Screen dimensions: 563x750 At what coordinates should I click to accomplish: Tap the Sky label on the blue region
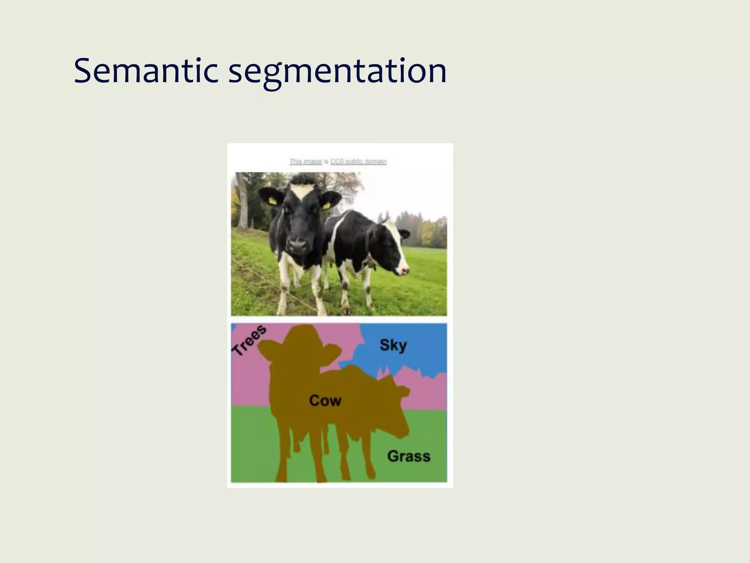pyautogui.click(x=393, y=345)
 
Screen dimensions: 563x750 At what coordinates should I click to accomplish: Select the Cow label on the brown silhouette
pyautogui.click(x=325, y=400)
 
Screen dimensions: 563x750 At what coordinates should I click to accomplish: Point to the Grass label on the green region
pyautogui.click(x=409, y=456)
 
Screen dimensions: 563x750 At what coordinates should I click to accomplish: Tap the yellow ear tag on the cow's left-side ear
pyautogui.click(x=273, y=200)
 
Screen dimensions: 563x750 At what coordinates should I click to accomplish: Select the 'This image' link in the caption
pyautogui.click(x=305, y=162)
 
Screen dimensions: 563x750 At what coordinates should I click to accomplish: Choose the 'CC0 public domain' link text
pyautogui.click(x=358, y=162)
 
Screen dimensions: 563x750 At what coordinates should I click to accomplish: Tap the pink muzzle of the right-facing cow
pyautogui.click(x=404, y=271)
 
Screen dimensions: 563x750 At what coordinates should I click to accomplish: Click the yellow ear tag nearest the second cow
pyautogui.click(x=326, y=205)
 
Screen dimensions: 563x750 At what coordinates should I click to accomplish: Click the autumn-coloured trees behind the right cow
pyautogui.click(x=427, y=231)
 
